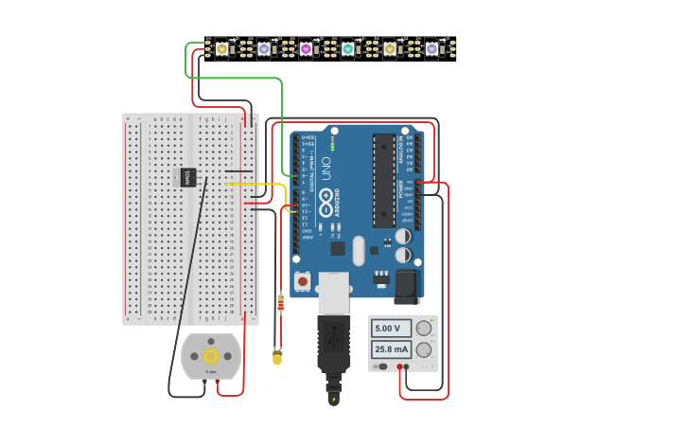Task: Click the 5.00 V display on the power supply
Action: click(x=390, y=329)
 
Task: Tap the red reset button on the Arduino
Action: click(x=302, y=280)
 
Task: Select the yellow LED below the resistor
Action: click(x=277, y=357)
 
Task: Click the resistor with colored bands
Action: click(x=280, y=303)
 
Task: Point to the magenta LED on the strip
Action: click(x=306, y=48)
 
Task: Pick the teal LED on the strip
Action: click(x=347, y=48)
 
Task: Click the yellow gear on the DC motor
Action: click(x=211, y=356)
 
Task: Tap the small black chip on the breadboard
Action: click(x=188, y=177)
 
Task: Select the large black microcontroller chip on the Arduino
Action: click(x=383, y=180)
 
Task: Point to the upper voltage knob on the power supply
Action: click(x=423, y=328)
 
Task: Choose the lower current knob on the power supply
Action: click(x=423, y=349)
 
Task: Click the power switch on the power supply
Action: click(x=380, y=366)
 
